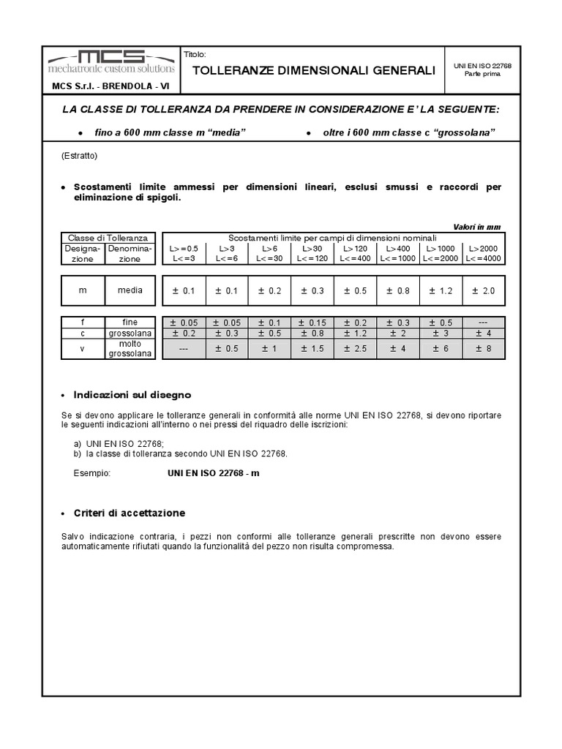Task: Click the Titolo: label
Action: pyautogui.click(x=197, y=55)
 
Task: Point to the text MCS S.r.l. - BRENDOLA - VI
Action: pyautogui.click(x=110, y=86)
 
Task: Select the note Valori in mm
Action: pyautogui.click(x=477, y=227)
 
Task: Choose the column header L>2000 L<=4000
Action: pyautogui.click(x=484, y=253)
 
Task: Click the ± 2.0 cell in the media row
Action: pyautogui.click(x=484, y=291)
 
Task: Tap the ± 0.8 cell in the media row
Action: pyautogui.click(x=398, y=291)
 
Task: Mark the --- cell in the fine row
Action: pyautogui.click(x=484, y=323)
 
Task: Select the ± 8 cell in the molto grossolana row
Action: pyautogui.click(x=484, y=349)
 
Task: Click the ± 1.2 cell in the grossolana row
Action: pyautogui.click(x=355, y=334)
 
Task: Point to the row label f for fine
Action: pyautogui.click(x=83, y=323)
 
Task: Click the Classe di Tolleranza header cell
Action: pyautogui.click(x=108, y=238)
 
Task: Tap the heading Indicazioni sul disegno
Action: pyautogui.click(x=132, y=395)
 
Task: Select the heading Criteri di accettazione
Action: pyautogui.click(x=130, y=513)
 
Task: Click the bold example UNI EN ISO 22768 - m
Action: pyautogui.click(x=214, y=473)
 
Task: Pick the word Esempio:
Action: pyautogui.click(x=91, y=473)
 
